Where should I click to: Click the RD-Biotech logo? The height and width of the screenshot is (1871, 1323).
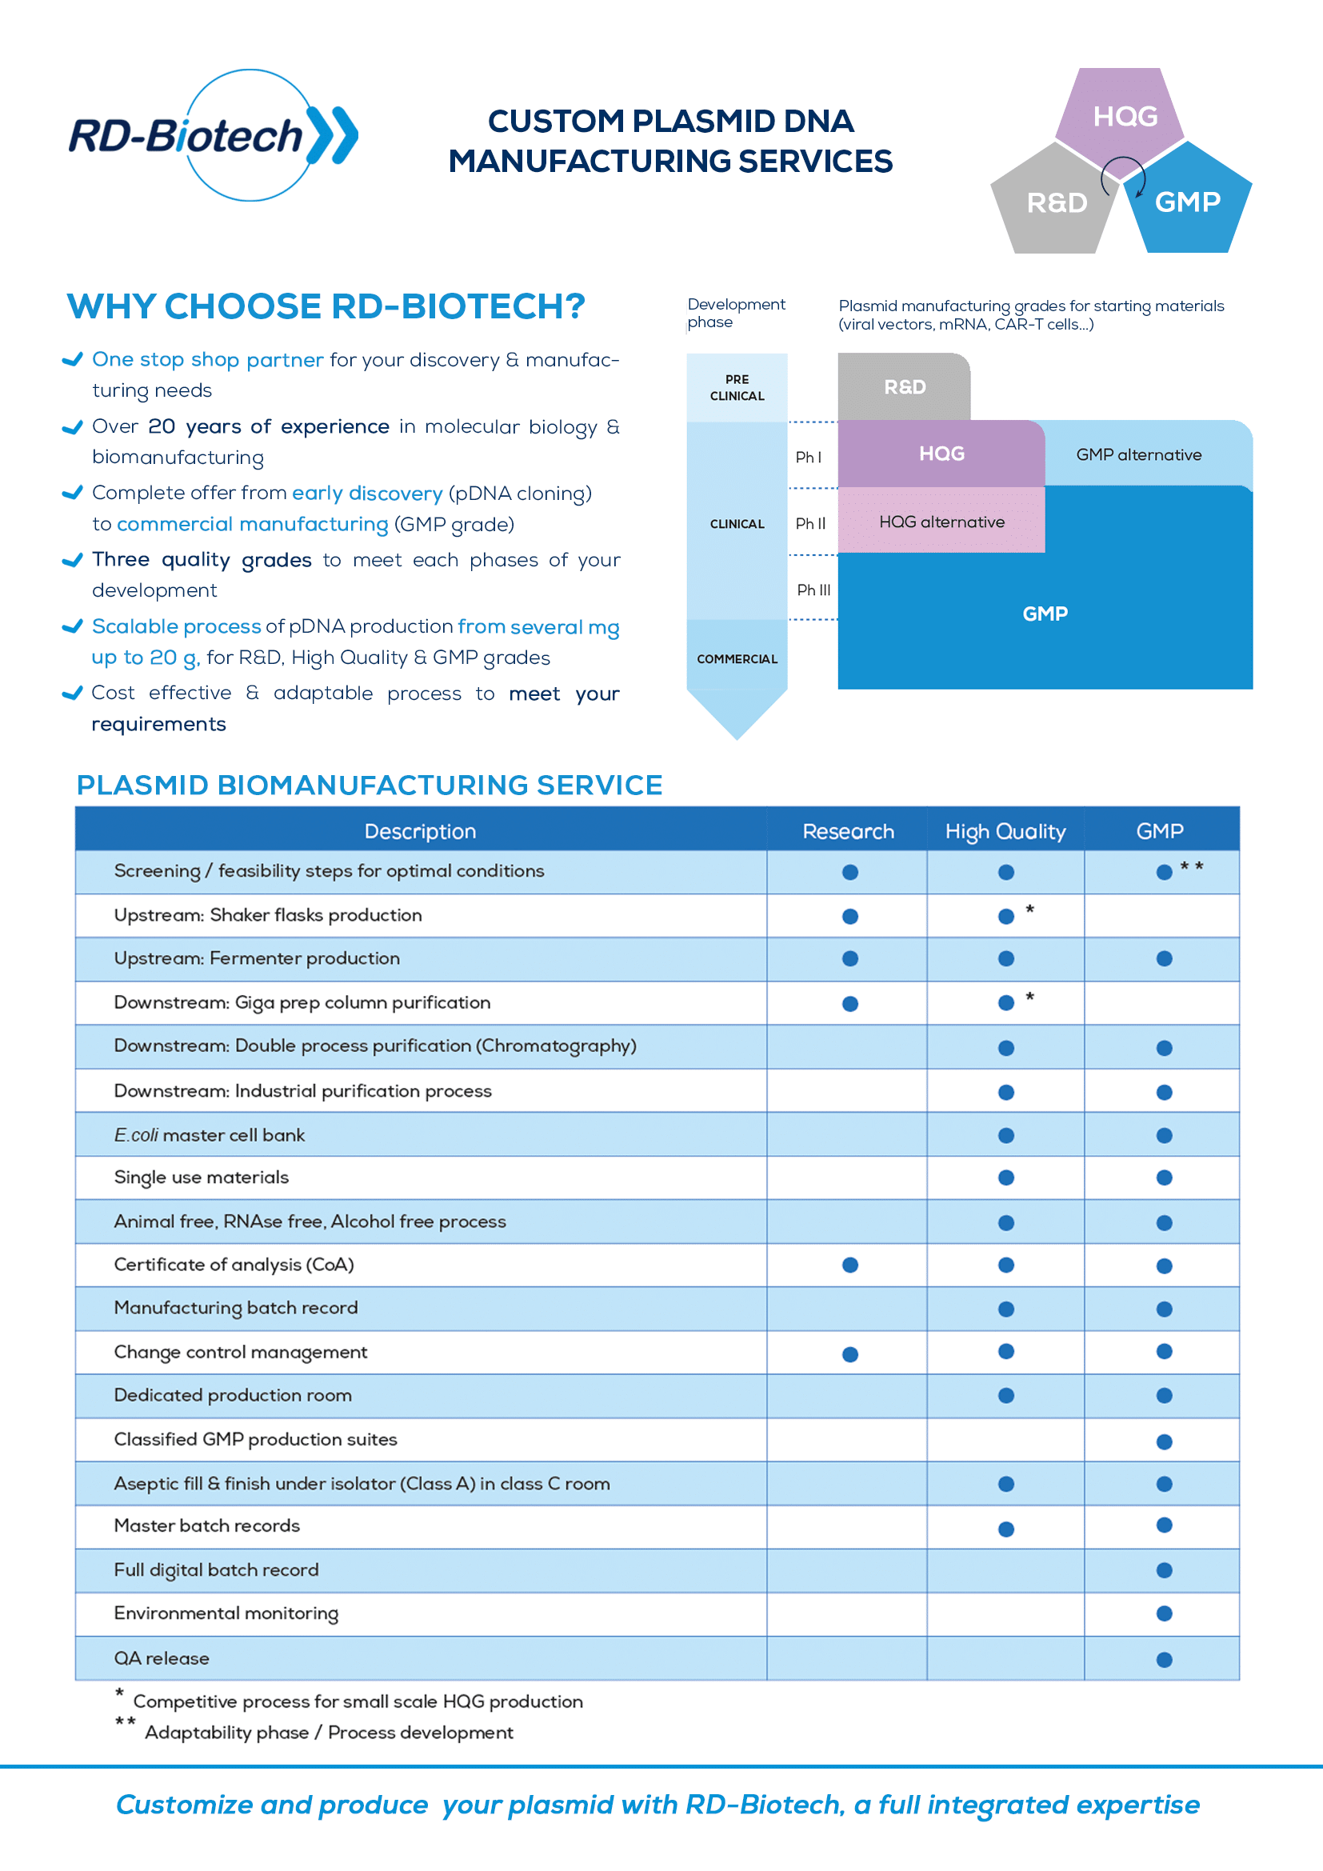pos(214,135)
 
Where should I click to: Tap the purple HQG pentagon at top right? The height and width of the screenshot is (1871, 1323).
pos(1120,119)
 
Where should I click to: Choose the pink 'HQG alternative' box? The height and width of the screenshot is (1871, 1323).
pos(941,522)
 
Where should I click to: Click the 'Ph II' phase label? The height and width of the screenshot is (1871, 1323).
pos(810,523)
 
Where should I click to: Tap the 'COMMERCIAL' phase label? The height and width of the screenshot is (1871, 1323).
pos(737,658)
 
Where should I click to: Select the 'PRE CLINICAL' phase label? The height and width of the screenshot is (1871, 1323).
pos(737,387)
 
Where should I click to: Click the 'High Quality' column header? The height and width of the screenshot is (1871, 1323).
pos(1005,831)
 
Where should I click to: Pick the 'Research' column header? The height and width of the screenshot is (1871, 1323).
pos(848,831)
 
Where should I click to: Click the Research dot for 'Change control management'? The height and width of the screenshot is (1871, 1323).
pos(849,1354)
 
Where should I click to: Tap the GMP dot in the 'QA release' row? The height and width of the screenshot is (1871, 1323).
pos(1164,1660)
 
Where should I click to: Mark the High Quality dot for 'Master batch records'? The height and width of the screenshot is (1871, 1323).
pos(1006,1529)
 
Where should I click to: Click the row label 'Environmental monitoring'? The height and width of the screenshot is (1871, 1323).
pos(226,1614)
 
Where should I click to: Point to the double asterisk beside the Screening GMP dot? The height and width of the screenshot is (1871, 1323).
pos(1192,866)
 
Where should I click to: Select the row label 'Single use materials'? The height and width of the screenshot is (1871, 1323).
pos(202,1177)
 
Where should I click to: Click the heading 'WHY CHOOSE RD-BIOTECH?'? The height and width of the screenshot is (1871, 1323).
pos(326,306)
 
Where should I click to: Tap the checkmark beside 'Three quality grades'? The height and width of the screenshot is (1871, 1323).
pos(73,560)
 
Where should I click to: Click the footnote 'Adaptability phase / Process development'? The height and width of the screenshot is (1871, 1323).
pos(329,1733)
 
